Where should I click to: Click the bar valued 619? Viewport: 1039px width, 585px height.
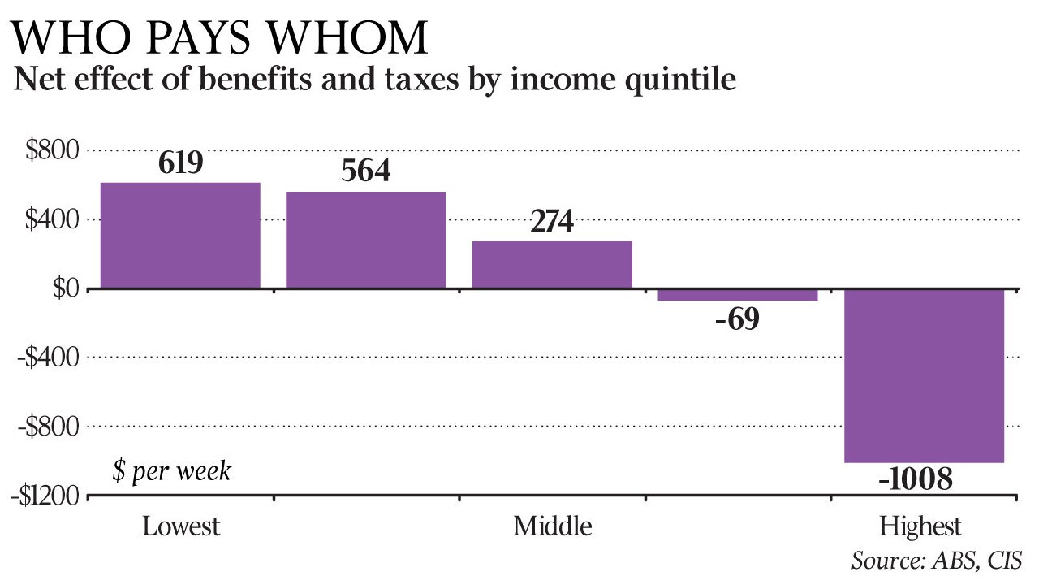[179, 236]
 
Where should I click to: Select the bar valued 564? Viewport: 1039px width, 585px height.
[365, 240]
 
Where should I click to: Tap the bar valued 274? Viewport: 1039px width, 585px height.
[552, 264]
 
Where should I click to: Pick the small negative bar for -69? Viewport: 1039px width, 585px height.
[738, 295]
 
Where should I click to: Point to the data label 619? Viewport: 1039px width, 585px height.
[180, 164]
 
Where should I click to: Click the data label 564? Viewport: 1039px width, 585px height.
[366, 172]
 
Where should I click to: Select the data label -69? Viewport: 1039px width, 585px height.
[737, 319]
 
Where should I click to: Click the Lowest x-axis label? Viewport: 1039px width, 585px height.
[181, 526]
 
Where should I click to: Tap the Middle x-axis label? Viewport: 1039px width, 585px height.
[552, 526]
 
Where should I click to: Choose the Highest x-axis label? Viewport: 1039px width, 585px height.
[920, 526]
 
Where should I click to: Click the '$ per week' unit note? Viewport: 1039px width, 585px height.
[171, 471]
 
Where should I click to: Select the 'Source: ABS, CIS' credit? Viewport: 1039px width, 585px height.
[936, 561]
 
